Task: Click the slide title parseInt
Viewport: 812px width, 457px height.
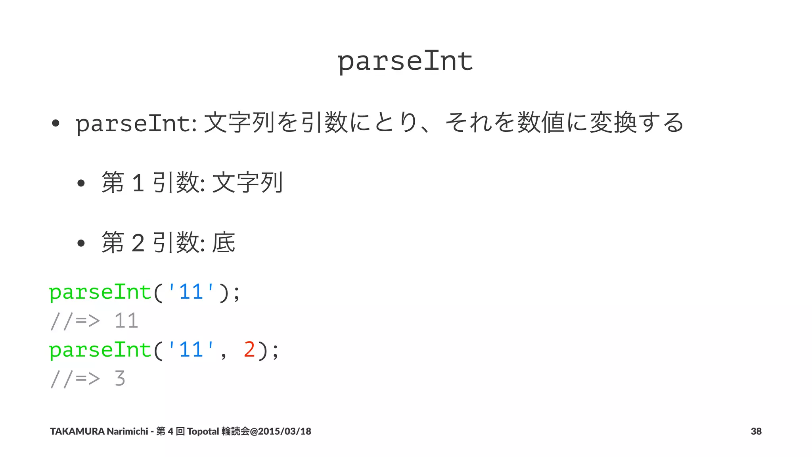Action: [405, 61]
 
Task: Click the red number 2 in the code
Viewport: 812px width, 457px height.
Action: [249, 349]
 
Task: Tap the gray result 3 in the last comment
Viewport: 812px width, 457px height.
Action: [120, 378]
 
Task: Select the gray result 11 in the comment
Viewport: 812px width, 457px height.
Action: [126, 321]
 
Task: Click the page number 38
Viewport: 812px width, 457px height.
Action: [756, 431]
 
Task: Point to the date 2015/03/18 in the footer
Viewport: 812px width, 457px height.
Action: [284, 431]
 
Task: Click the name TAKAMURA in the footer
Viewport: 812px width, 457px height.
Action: [77, 431]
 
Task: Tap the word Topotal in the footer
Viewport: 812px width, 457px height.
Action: [203, 431]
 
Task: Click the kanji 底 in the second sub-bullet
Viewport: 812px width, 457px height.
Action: [224, 242]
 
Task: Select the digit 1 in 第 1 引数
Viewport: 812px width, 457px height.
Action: [138, 183]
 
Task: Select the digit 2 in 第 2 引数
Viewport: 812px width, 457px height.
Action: [138, 243]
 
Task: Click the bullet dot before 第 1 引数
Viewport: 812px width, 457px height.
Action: [81, 183]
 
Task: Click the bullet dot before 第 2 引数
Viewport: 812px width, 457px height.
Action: [81, 243]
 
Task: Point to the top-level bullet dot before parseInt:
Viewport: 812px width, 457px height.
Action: [56, 123]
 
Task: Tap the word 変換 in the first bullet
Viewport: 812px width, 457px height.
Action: [613, 123]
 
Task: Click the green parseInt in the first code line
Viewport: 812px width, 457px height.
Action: [100, 292]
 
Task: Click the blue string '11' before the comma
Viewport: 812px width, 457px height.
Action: [192, 349]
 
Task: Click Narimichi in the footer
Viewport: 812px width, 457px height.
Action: [127, 431]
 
